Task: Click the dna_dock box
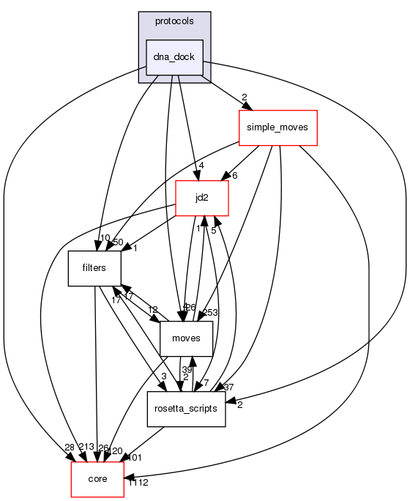point(174,57)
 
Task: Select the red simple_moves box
point(277,127)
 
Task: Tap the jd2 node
point(201,198)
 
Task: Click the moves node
point(186,338)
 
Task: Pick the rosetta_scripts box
point(186,409)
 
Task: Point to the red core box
point(97,479)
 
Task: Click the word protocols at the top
point(174,21)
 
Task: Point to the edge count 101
point(135,458)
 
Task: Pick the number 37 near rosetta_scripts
point(228,387)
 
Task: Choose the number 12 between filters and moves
point(152,310)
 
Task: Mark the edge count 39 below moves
point(187,370)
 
